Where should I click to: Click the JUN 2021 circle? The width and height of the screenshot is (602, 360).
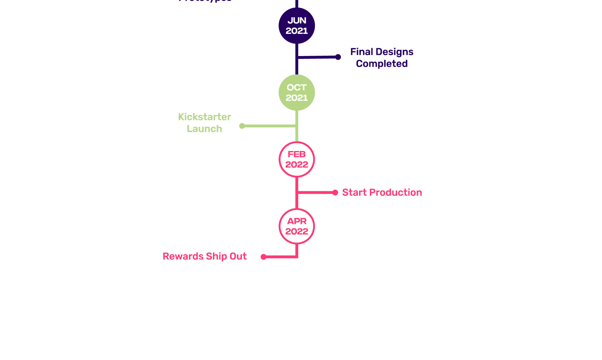coord(297,26)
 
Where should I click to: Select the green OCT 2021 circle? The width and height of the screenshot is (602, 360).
coord(297,92)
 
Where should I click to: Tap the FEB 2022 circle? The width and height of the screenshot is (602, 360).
coord(297,159)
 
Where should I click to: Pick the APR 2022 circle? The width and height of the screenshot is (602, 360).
coord(297,226)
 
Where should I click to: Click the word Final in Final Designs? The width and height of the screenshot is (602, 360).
coord(362,52)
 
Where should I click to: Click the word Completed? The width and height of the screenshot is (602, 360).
coord(382,64)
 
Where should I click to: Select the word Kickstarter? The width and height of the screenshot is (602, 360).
coord(204,117)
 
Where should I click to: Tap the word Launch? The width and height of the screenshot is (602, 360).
coord(204,129)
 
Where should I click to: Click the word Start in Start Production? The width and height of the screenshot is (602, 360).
coord(354,193)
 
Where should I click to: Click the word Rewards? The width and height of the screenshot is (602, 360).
coord(183,256)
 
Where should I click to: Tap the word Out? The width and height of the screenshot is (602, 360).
coord(238,256)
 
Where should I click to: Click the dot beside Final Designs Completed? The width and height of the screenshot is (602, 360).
coord(338,57)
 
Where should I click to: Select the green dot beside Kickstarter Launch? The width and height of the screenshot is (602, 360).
coord(242,126)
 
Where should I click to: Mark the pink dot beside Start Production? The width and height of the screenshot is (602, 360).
coord(335,193)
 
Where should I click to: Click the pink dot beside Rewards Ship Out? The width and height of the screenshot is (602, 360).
coord(263,257)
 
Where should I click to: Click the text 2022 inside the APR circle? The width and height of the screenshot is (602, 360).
coord(297,231)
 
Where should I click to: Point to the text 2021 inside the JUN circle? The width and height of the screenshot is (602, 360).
coord(297,31)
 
